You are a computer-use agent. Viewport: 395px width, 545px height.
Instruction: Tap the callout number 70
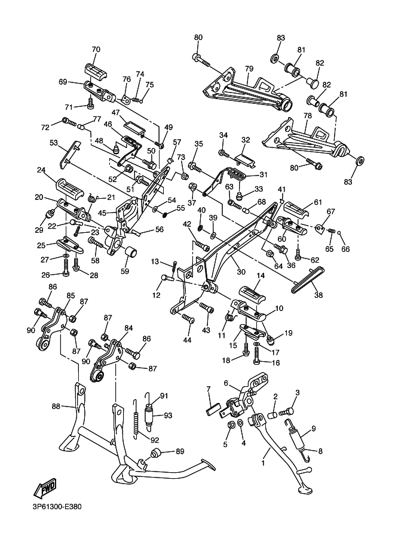coord(96,50)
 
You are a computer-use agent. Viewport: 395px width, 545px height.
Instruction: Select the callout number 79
coord(249,69)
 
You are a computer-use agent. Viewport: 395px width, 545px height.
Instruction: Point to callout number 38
coord(319,295)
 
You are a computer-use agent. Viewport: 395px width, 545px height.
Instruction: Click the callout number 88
coord(56,406)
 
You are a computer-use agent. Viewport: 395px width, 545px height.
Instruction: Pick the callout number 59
coord(124,271)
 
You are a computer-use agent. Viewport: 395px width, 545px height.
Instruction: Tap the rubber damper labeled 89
coord(155,454)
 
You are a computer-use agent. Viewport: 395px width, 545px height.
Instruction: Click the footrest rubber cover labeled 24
coord(70,188)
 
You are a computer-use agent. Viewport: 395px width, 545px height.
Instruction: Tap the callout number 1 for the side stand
coord(263,463)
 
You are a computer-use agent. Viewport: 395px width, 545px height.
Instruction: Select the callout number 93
coord(168,415)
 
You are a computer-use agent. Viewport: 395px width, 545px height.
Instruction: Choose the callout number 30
coord(241,272)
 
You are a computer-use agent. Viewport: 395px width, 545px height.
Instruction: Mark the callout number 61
coord(318,202)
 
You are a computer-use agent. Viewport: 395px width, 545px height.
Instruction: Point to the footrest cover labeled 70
coord(96,72)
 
